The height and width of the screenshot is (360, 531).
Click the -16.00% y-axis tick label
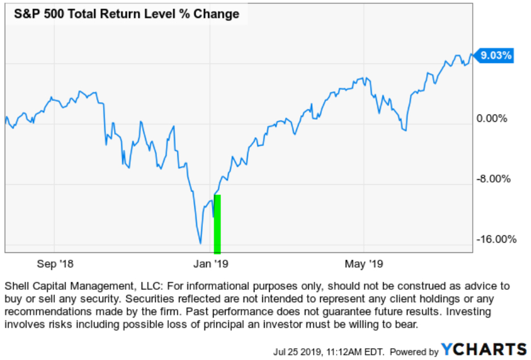[x=495, y=239]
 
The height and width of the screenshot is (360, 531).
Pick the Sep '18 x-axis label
[x=55, y=264]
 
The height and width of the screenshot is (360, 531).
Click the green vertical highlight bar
[x=217, y=225]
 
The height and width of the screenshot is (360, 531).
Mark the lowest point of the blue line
[x=200, y=243]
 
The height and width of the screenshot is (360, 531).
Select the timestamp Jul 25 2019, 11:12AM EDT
[x=335, y=351]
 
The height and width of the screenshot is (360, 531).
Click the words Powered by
[x=414, y=351]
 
